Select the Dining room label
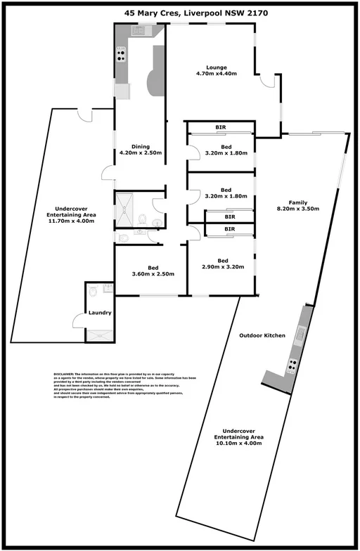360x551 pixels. [141, 145]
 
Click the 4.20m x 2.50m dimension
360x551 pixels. [141, 153]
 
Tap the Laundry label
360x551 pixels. [100, 312]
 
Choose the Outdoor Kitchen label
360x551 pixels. [262, 336]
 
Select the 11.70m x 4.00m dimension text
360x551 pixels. [70, 221]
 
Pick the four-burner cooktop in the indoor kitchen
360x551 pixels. [121, 54]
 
